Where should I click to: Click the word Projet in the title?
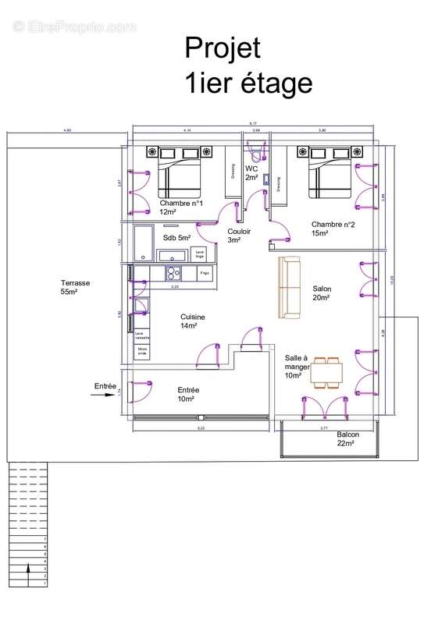tap(222, 48)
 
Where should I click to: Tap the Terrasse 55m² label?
tap(77, 287)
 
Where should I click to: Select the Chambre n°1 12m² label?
tap(181, 207)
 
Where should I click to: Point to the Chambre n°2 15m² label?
tap(333, 228)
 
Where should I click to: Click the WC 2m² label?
tap(251, 173)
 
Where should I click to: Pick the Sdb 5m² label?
tap(176, 238)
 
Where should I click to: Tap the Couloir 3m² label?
tap(238, 236)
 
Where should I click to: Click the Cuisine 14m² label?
tap(193, 321)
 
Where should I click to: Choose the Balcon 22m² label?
tap(348, 438)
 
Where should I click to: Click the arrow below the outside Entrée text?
tap(102, 395)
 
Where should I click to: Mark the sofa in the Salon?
tap(290, 287)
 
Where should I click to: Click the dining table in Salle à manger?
tap(326, 372)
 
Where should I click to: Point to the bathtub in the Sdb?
tap(143, 243)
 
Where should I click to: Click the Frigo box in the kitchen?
tap(205, 273)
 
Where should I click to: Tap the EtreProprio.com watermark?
tap(74, 27)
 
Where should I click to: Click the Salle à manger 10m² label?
tap(298, 365)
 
